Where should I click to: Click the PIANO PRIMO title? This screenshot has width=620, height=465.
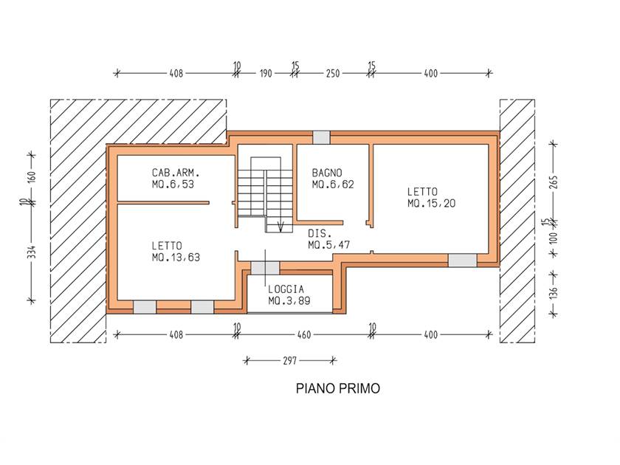338,388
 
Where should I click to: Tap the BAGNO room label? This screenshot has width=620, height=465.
327,173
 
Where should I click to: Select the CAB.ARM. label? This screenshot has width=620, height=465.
176,173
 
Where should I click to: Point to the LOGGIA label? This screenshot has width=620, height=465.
286,289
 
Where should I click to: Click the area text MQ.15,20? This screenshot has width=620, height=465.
431,203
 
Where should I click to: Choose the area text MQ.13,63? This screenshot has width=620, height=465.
176,258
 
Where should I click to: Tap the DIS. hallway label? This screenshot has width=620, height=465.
320,234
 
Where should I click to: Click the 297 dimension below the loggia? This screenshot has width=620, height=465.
290,361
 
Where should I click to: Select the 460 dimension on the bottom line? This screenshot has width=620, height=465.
304,335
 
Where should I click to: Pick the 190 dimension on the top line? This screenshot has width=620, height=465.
266,74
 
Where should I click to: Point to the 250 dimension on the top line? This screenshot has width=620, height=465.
333,74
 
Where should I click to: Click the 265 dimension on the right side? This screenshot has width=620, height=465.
554,182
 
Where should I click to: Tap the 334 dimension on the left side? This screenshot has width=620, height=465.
32,252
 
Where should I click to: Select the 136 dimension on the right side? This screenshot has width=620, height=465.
554,292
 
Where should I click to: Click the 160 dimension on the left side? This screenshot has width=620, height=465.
32,176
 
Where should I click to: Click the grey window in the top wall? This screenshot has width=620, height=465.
322,137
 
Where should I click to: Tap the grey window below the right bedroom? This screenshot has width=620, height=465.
462,261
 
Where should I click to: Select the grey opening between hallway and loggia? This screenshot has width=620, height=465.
265,268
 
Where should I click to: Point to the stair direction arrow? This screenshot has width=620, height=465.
280,227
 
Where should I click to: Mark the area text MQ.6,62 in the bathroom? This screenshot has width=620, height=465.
333,185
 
